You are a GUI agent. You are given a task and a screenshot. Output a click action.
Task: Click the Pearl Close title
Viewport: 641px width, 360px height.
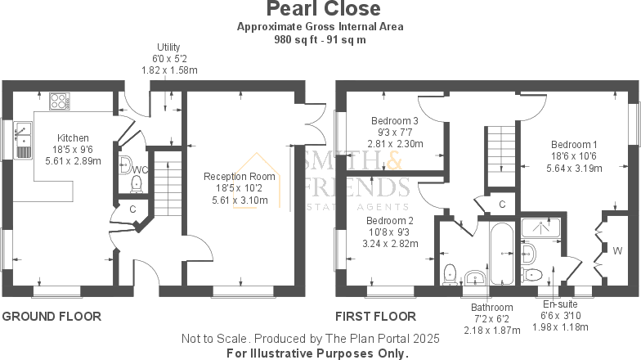click(324, 8)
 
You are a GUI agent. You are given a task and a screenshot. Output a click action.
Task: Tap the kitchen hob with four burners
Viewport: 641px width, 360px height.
click(59, 101)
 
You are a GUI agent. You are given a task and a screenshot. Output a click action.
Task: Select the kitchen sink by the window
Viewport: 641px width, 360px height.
click(23, 140)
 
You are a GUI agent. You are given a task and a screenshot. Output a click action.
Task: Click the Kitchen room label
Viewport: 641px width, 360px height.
click(73, 137)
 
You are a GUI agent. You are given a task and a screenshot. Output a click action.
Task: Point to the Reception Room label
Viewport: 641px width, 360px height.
click(239, 177)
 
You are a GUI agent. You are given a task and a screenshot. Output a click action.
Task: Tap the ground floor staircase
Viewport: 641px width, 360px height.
click(168, 183)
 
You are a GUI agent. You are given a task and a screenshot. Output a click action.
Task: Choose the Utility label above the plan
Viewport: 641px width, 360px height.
click(168, 47)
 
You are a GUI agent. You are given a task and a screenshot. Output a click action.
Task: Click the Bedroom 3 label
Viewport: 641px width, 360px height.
click(394, 121)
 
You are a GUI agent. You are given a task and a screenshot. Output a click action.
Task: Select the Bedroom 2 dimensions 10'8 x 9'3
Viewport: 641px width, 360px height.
click(388, 232)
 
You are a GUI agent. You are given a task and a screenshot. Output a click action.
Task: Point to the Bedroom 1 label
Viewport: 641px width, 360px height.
click(574, 144)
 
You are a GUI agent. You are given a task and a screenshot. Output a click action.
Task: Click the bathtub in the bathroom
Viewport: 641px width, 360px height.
click(502, 254)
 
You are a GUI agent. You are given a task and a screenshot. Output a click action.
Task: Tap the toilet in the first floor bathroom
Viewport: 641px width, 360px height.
click(450, 274)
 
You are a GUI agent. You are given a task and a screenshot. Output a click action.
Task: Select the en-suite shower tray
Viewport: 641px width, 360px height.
click(541, 227)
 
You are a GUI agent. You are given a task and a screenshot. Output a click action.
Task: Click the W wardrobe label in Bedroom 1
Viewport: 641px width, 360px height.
click(617, 250)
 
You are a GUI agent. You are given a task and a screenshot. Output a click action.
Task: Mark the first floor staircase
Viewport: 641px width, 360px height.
click(501, 156)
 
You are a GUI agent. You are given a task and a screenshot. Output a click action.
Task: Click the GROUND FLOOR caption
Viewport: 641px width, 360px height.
click(52, 316)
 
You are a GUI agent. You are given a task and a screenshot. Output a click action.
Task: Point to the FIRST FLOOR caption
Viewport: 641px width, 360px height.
click(376, 316)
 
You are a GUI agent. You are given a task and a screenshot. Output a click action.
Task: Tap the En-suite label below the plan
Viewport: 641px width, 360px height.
click(560, 304)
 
